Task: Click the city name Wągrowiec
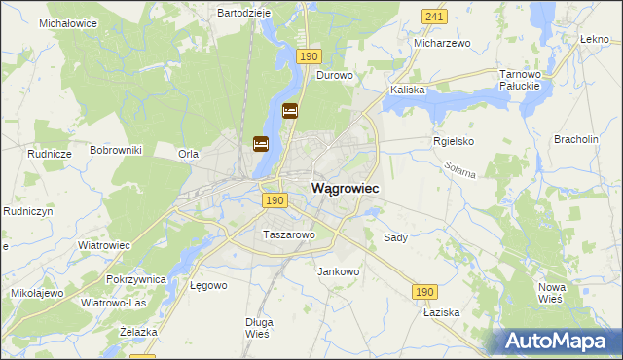[x=345, y=187]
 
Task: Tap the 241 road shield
[x=435, y=17]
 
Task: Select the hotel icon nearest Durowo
[x=290, y=112]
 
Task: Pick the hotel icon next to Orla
[x=260, y=144]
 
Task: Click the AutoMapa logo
[x=560, y=342]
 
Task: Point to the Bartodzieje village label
[x=243, y=14]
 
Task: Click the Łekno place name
[x=594, y=39]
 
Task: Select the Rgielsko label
[x=453, y=141]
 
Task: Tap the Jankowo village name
[x=339, y=271]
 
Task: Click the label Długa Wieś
[x=259, y=328]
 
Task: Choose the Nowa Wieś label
[x=552, y=293]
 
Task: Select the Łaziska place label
[x=440, y=313]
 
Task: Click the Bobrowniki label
[x=116, y=150]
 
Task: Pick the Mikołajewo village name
[x=37, y=293]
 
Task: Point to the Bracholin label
[x=575, y=139]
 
